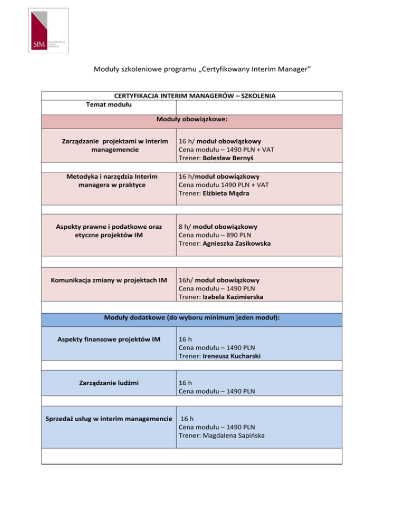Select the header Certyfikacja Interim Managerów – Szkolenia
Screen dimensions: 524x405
(x=191, y=95)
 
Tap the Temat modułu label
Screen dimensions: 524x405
(x=109, y=104)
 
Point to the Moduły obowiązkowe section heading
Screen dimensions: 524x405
(x=191, y=120)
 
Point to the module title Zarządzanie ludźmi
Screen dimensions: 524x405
(x=109, y=382)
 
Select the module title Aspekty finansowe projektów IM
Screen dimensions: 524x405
(x=109, y=338)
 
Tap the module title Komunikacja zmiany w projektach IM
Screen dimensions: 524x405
(x=109, y=279)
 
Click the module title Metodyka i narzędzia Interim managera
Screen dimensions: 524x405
(x=109, y=180)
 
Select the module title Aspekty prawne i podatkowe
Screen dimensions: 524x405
(x=109, y=230)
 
